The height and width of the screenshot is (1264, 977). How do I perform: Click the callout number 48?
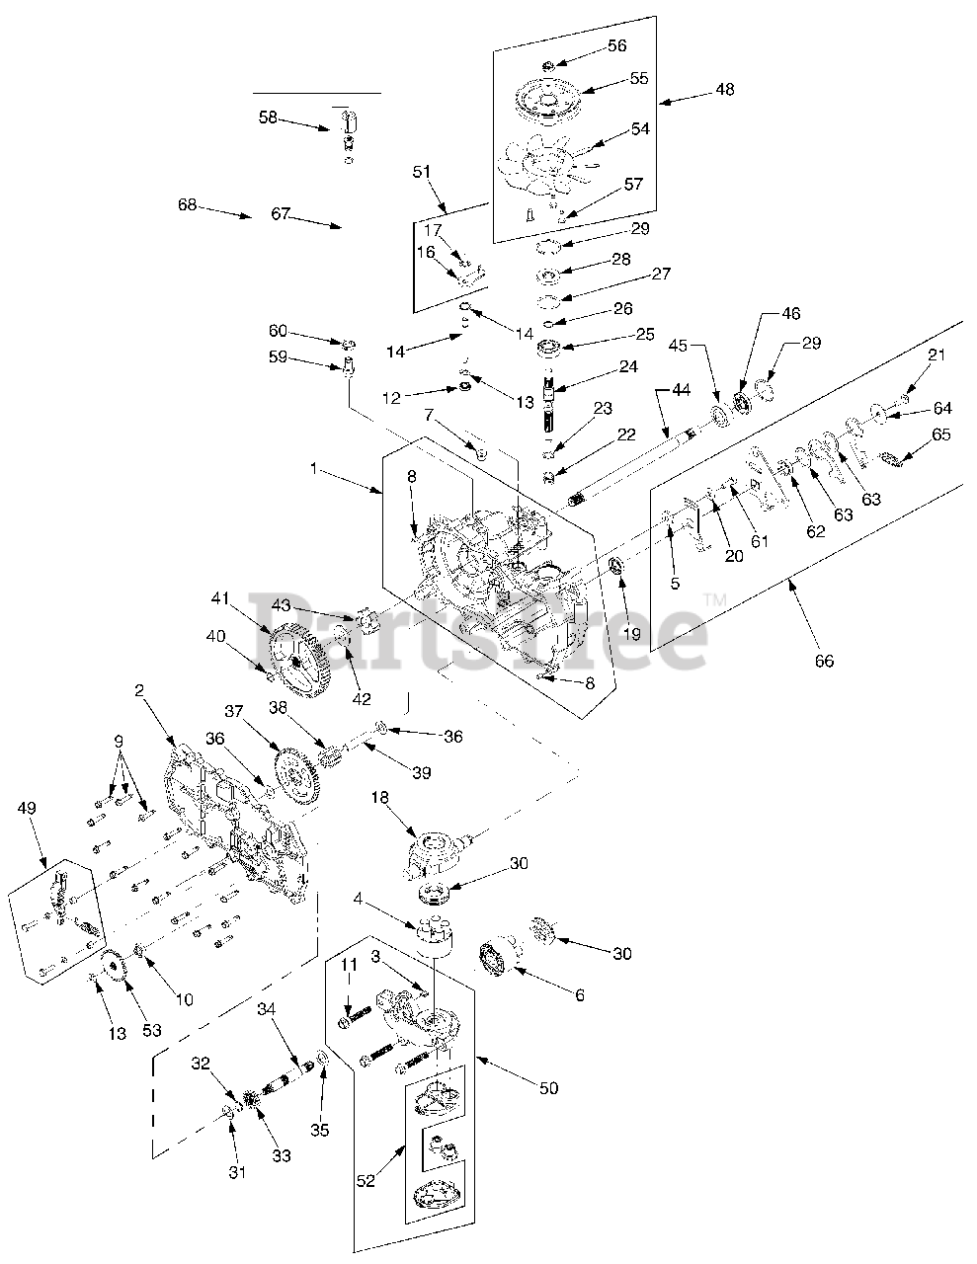[724, 90]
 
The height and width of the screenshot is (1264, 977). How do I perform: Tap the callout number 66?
[824, 661]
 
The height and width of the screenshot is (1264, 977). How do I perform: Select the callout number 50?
[548, 1087]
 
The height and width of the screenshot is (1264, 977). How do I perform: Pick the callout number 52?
[366, 1181]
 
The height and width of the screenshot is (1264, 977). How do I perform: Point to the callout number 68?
[188, 205]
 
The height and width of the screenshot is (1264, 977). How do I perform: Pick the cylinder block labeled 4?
[432, 936]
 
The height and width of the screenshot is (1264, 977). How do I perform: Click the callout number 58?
[268, 117]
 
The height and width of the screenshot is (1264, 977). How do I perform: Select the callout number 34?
[266, 1008]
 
